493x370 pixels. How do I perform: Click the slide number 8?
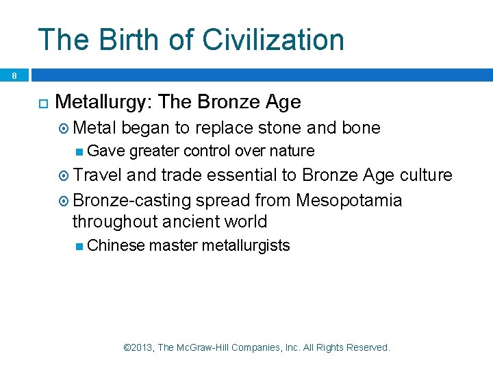pyautogui.click(x=14, y=76)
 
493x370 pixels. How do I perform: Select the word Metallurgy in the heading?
pyautogui.click(x=103, y=102)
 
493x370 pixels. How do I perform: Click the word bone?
pyautogui.click(x=359, y=128)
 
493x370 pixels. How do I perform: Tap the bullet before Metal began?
pyautogui.click(x=64, y=129)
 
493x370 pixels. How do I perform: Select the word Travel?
pyautogui.click(x=98, y=175)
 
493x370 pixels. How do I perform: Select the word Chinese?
pyautogui.click(x=116, y=245)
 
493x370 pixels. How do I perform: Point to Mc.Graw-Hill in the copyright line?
pyautogui.click(x=203, y=347)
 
